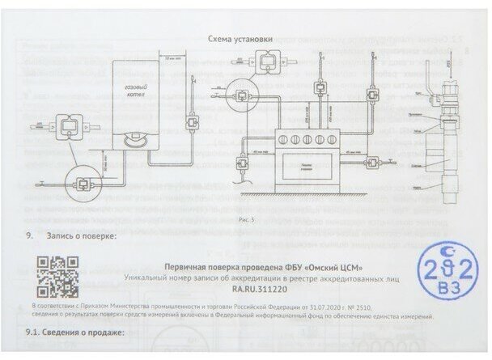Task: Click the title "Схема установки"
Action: point(240,37)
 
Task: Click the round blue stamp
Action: point(445,279)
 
